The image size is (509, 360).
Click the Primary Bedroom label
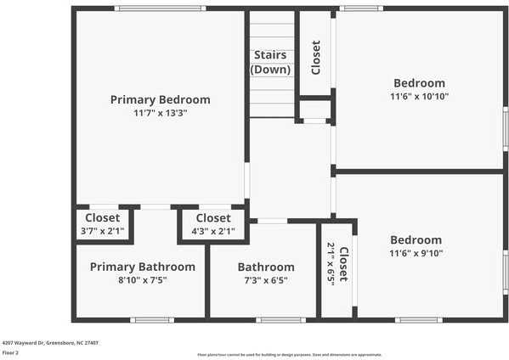point(160,99)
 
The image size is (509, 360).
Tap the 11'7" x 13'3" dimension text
point(160,113)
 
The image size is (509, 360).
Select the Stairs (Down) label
point(271,62)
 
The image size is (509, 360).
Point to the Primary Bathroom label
point(142,267)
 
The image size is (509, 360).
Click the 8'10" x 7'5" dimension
point(142,280)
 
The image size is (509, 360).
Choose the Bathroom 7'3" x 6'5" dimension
point(266,280)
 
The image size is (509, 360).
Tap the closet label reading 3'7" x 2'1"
point(102,231)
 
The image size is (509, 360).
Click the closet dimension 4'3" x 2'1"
point(212,231)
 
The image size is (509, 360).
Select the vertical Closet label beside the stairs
point(316,58)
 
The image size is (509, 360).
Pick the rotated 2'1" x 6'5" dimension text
point(331,264)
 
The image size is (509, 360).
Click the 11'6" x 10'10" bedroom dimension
point(419,97)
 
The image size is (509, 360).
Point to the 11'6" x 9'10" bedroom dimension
point(416,253)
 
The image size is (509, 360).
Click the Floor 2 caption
point(11,352)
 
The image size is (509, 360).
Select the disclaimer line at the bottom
point(290,354)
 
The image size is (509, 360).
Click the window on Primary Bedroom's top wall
point(159,8)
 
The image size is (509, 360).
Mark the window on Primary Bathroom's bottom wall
point(152,320)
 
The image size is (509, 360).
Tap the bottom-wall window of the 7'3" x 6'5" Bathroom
point(280,320)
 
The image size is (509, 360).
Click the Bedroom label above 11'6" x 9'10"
point(416,239)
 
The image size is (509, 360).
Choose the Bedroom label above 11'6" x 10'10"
point(419,83)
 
